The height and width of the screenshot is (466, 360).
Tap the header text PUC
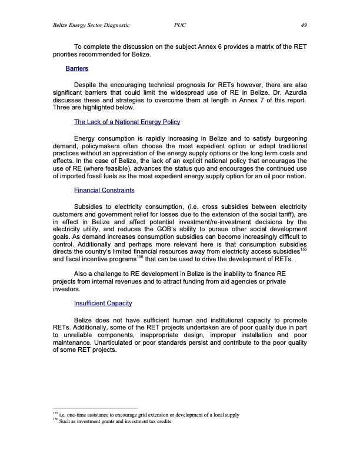tap(181, 25)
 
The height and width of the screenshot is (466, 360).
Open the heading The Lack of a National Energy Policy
tap(126, 122)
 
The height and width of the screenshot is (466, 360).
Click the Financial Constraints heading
tap(104, 191)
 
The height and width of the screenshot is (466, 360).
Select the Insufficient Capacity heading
tap(102, 303)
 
